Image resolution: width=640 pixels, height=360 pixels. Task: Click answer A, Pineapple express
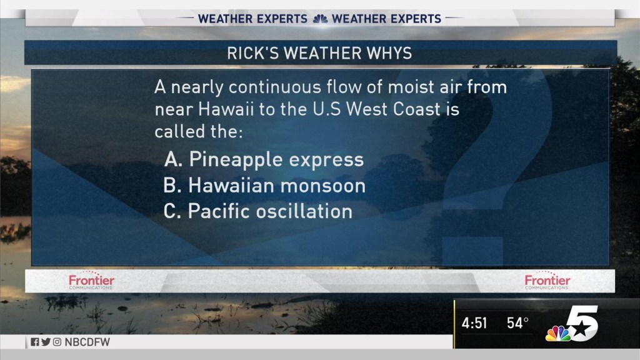[x=264, y=159]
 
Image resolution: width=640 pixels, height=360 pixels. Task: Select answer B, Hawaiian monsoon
[x=264, y=186]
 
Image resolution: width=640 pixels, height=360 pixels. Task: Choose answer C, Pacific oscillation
[x=258, y=211]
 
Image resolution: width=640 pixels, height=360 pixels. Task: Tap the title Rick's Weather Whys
[x=319, y=53]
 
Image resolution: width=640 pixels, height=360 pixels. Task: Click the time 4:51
[x=474, y=323]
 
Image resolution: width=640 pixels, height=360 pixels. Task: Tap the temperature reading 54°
[x=517, y=323]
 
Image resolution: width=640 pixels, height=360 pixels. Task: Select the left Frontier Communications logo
[x=91, y=281]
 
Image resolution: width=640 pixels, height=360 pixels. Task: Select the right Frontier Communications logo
[x=547, y=281]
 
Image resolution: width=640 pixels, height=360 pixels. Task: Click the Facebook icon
[x=35, y=342]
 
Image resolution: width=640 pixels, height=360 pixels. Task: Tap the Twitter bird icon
[x=46, y=342]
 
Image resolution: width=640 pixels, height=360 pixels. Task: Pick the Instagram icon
[x=57, y=342]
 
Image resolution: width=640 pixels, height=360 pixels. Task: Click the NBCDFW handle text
[x=87, y=342]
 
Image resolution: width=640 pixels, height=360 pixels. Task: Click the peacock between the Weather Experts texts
[x=320, y=19]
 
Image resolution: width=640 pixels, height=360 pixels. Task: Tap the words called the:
[x=198, y=131]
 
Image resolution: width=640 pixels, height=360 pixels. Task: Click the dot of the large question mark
[x=472, y=251]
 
